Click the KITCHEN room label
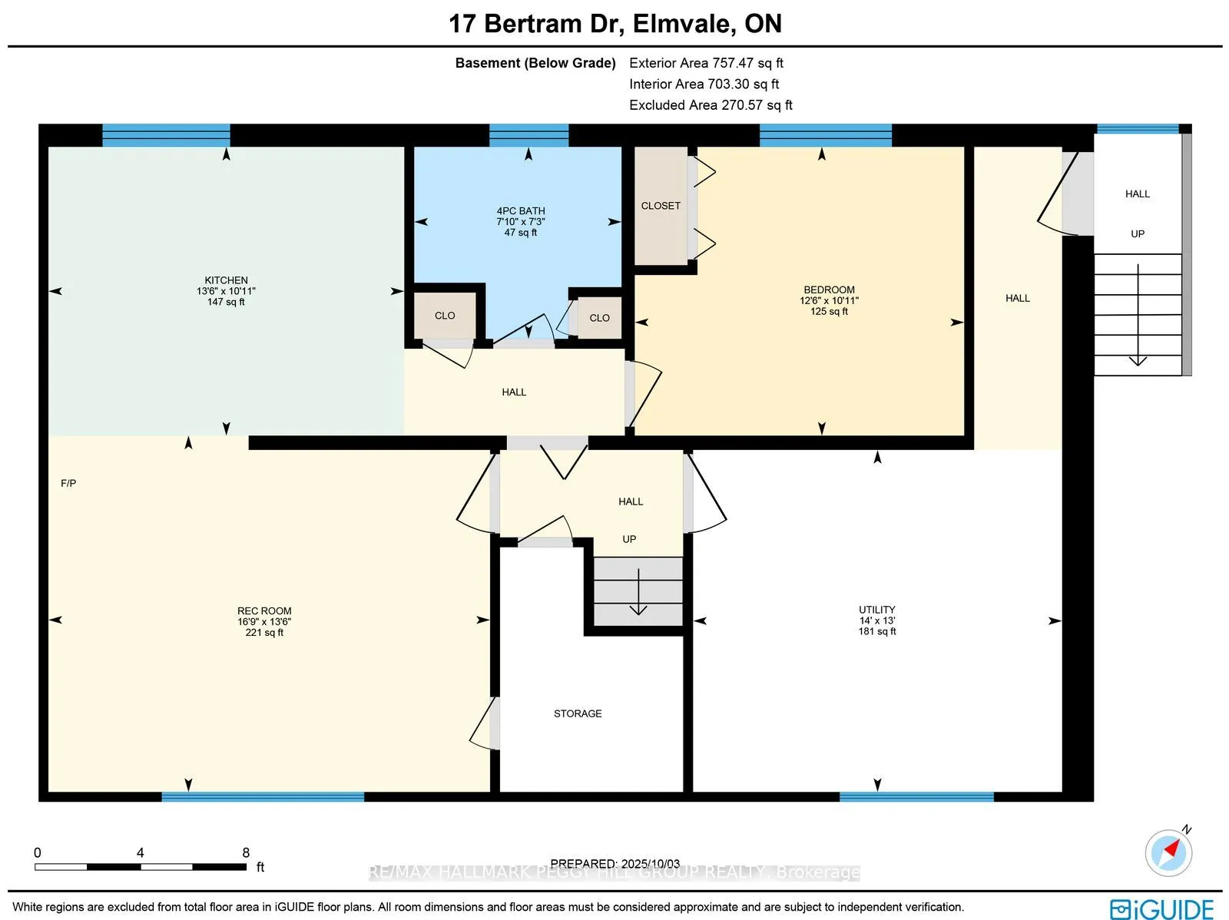tap(226, 280)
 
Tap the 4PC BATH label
tap(521, 210)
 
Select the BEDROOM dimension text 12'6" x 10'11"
tap(829, 301)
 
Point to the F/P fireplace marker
tap(68, 483)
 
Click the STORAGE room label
tap(578, 713)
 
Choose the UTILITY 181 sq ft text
tap(877, 631)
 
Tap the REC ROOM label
tap(264, 611)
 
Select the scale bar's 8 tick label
tap(246, 852)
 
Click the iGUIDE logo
tap(1161, 908)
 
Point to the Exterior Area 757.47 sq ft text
tap(706, 63)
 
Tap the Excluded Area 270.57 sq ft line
tap(711, 104)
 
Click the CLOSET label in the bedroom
tap(661, 206)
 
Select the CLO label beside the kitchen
tap(445, 316)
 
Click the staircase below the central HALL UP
tap(638, 591)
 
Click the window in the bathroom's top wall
tap(528, 135)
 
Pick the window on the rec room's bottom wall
tap(263, 797)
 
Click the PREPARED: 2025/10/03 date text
tap(614, 864)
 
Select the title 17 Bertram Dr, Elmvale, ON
tap(614, 24)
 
